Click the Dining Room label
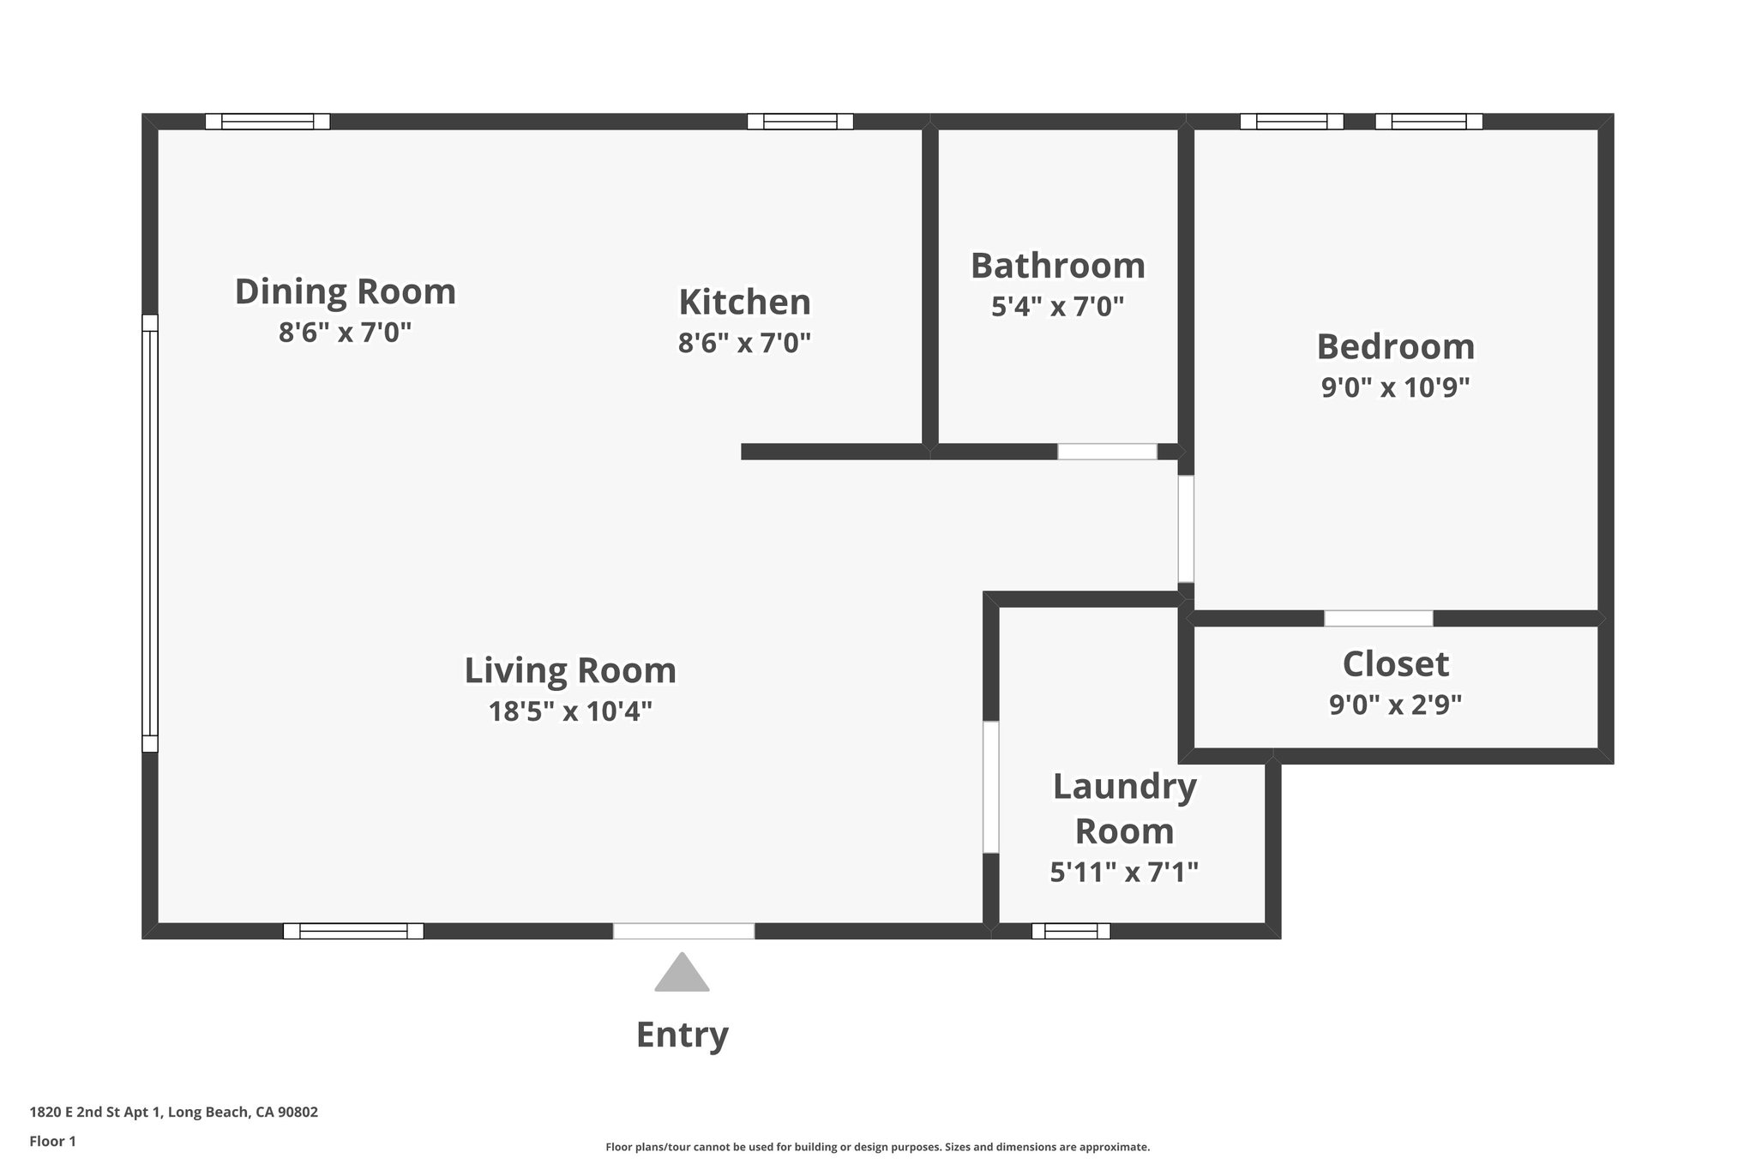(x=345, y=291)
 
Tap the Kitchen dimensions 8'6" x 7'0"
(x=744, y=343)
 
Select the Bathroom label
(x=1057, y=266)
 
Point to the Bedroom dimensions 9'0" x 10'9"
(x=1395, y=387)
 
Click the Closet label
(x=1395, y=664)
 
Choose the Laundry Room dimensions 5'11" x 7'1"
(x=1123, y=872)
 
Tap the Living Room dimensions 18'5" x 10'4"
(x=570, y=711)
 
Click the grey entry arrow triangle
(x=682, y=975)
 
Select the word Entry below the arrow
(x=682, y=1035)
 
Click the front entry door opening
(x=683, y=931)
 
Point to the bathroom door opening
(x=1107, y=452)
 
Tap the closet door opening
(x=1378, y=618)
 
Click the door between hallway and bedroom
(x=1186, y=529)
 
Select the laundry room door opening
(x=990, y=787)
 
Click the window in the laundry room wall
(x=1070, y=931)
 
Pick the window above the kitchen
(x=800, y=122)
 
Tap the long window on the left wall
(x=150, y=533)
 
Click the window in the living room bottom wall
(x=353, y=931)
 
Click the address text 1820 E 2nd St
(x=173, y=1112)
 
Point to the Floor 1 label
(x=52, y=1141)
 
